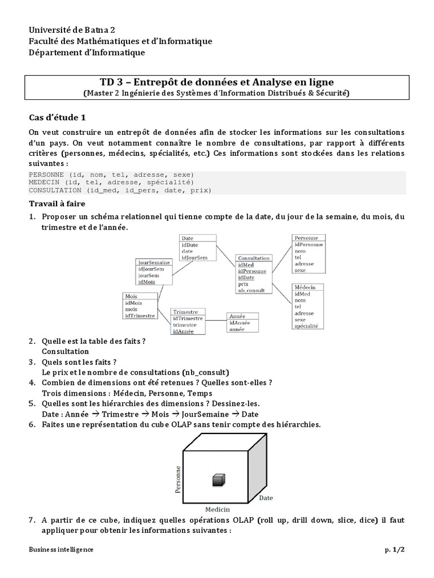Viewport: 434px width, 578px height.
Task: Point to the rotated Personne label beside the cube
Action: tap(178, 480)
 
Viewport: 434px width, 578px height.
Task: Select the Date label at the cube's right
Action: tap(266, 498)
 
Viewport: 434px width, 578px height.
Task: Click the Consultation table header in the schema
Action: tap(254, 258)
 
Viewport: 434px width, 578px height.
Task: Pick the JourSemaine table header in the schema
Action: tap(154, 262)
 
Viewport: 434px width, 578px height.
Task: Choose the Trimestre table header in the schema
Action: tap(185, 312)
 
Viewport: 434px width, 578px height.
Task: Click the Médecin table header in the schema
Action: tap(305, 287)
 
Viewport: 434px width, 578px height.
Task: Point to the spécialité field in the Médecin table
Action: tap(306, 326)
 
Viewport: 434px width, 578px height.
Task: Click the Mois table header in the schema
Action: tap(131, 296)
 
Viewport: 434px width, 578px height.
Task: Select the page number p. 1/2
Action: tap(396, 549)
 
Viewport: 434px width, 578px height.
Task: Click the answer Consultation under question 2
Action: tap(66, 351)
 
